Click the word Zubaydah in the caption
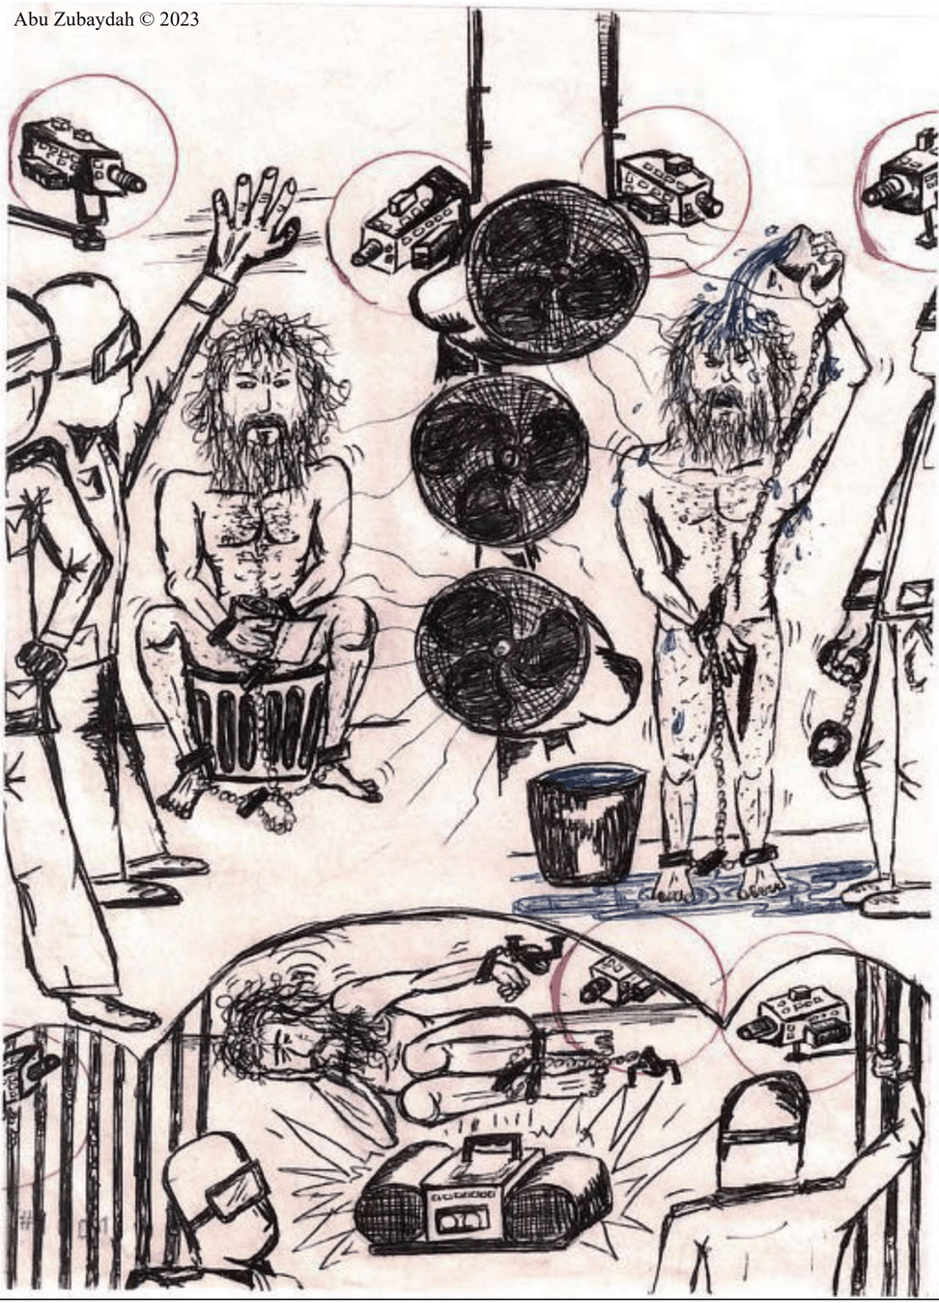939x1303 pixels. (x=90, y=19)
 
